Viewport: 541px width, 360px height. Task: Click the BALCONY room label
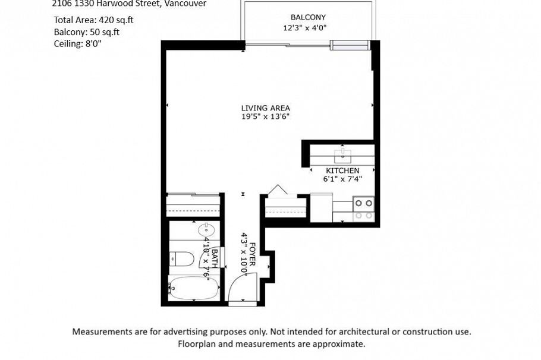click(x=307, y=17)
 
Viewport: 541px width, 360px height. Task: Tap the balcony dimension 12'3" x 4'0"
click(x=305, y=27)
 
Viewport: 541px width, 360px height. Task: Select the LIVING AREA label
click(x=265, y=108)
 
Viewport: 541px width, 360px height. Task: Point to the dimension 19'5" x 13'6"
click(x=265, y=117)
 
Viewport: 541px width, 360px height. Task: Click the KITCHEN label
click(x=342, y=171)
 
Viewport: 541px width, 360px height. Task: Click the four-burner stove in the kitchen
click(x=363, y=208)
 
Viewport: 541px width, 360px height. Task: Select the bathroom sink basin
click(x=206, y=229)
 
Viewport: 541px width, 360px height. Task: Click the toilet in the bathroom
click(x=181, y=259)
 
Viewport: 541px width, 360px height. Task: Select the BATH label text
click(x=215, y=260)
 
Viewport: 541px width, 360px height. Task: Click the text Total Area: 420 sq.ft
click(x=93, y=20)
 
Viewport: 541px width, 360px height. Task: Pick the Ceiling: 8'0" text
click(x=77, y=43)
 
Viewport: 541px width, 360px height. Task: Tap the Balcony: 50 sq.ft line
click(x=86, y=31)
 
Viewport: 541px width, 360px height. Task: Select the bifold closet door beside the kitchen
click(x=278, y=191)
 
